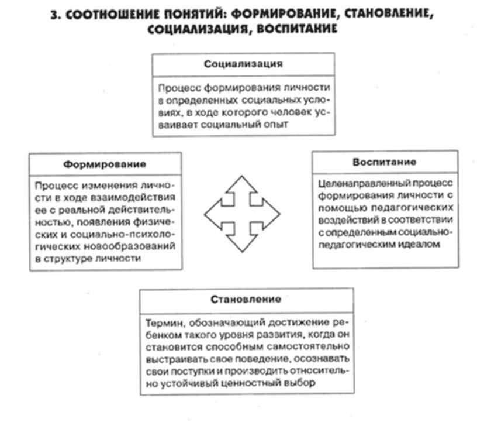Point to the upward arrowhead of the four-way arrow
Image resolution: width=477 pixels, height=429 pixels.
242,181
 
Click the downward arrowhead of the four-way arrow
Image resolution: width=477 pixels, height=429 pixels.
242,246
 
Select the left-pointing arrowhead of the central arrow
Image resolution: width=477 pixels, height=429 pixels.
211,213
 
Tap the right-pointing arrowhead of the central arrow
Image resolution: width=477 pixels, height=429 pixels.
273,213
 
